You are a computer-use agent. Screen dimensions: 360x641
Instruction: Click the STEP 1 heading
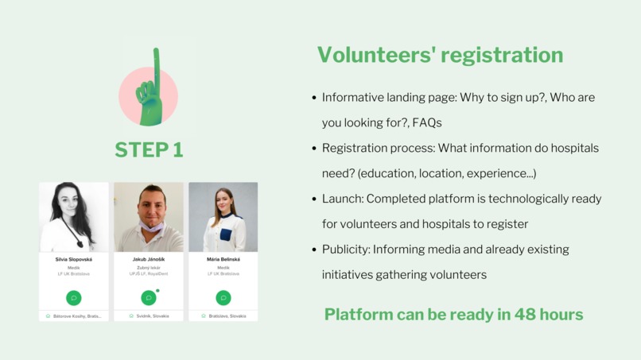coord(149,149)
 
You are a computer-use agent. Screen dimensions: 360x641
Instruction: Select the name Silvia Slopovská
coord(73,259)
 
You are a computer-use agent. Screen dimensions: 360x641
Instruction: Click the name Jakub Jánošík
coord(148,259)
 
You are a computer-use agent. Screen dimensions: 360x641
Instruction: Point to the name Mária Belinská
coord(223,259)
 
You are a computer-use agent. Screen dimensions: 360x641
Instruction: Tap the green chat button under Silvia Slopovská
coord(73,298)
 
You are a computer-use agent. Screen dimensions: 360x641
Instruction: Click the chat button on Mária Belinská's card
coord(223,298)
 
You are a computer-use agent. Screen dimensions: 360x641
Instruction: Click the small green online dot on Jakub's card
coord(157,291)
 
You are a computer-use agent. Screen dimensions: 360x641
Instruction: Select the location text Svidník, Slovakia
coord(152,316)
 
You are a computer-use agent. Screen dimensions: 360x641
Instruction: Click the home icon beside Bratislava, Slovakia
coord(203,316)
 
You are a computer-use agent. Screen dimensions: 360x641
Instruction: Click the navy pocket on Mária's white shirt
coord(227,234)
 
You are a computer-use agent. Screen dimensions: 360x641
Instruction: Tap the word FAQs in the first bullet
coord(426,122)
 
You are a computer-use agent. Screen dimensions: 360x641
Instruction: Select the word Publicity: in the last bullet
coord(347,250)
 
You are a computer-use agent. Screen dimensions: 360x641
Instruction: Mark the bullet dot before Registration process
coord(314,149)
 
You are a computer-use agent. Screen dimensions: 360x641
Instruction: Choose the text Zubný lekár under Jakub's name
coord(148,268)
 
